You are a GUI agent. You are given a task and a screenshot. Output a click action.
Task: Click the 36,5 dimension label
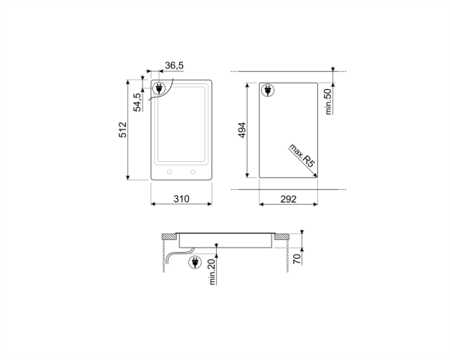(175, 66)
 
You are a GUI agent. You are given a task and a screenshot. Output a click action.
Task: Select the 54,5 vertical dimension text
(138, 101)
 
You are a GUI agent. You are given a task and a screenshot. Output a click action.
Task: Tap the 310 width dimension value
(181, 199)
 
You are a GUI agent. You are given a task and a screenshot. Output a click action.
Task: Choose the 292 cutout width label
(289, 199)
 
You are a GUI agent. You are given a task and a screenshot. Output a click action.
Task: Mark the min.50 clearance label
(328, 100)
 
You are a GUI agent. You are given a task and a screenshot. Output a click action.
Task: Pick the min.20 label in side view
(212, 270)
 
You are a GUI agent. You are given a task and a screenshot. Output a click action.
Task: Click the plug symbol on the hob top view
(159, 90)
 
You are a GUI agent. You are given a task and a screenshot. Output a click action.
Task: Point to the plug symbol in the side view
(194, 262)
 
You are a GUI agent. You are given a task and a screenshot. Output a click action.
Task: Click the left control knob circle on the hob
(169, 172)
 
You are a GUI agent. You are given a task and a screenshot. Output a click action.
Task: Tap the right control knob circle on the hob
(193, 172)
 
